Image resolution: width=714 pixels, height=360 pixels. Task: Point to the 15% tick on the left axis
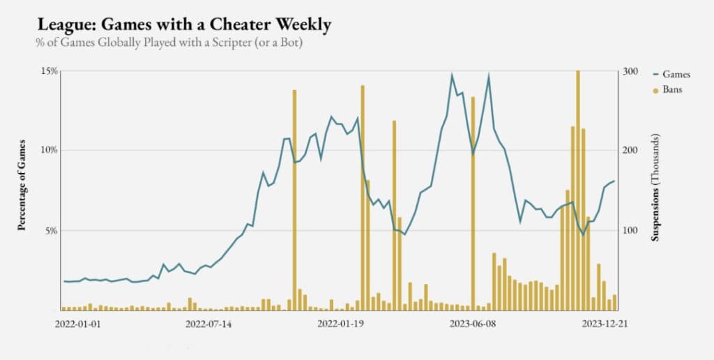[49, 70]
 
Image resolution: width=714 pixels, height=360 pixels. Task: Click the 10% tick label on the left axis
[49, 150]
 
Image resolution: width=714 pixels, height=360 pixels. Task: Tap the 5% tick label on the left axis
[51, 230]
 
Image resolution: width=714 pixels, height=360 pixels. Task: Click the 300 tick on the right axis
[630, 70]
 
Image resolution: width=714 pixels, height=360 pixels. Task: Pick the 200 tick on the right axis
[630, 150]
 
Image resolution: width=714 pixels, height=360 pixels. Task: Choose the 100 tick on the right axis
[630, 230]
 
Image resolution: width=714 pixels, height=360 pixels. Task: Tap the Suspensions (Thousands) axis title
[655, 188]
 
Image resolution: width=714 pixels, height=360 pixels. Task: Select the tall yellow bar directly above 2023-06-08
[473, 202]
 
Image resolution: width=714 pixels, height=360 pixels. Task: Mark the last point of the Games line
[614, 181]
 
